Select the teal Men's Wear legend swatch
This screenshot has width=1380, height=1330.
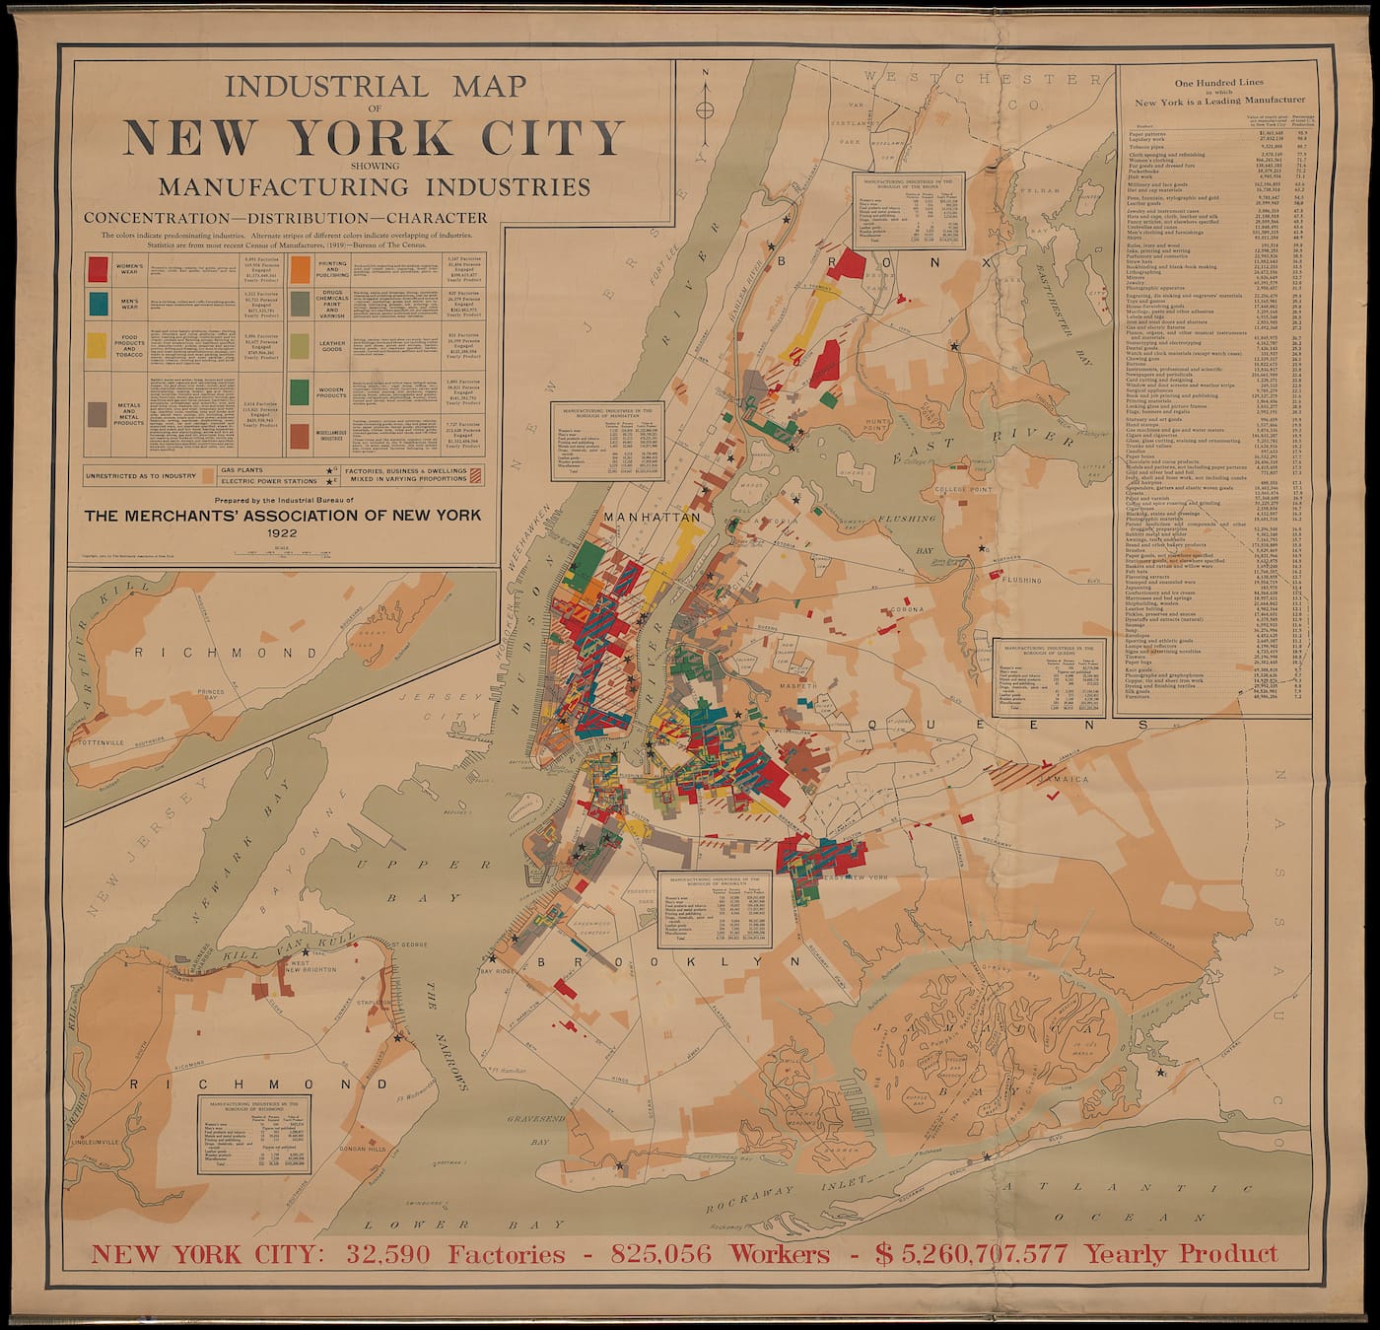point(99,304)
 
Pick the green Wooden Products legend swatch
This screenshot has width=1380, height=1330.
point(303,390)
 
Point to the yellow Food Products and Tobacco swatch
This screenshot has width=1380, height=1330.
point(99,343)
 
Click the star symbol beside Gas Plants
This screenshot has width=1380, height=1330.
point(328,471)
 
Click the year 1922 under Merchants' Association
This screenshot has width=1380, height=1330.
point(282,532)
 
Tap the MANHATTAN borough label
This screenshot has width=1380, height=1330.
point(652,517)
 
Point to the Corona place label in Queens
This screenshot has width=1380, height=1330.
point(906,610)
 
